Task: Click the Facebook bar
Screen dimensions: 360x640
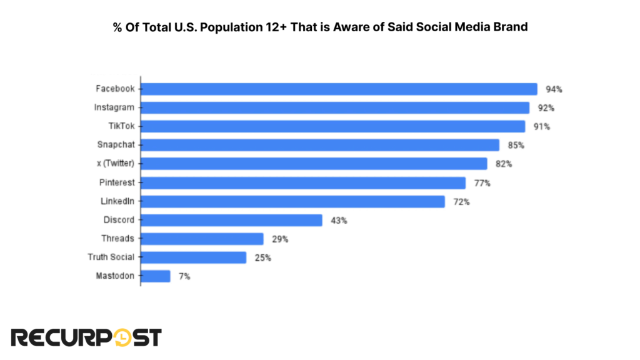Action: [339, 89]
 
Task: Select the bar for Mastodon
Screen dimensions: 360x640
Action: [156, 276]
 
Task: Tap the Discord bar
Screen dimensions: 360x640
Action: [231, 220]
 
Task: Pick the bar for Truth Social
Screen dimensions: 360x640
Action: [194, 257]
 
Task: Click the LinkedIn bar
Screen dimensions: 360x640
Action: [292, 201]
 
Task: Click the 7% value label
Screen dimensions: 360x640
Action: [184, 276]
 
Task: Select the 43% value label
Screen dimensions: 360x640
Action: [339, 221]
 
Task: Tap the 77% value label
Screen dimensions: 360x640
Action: [482, 183]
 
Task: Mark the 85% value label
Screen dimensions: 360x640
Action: [516, 146]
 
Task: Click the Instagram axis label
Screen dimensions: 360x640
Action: [114, 107]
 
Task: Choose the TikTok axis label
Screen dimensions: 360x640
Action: [121, 126]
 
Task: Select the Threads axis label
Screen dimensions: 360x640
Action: [117, 239]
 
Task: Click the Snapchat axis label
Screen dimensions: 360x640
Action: [116, 145]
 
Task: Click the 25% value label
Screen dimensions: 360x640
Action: [262, 258]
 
